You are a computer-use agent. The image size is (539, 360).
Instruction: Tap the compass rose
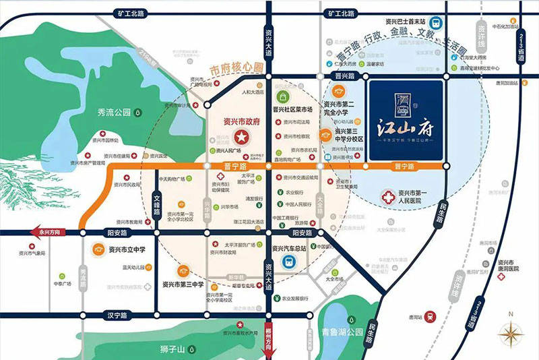coord(511,333)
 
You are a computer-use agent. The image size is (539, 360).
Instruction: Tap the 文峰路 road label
coord(157,204)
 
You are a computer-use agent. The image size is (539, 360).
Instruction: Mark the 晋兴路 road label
coord(344,77)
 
